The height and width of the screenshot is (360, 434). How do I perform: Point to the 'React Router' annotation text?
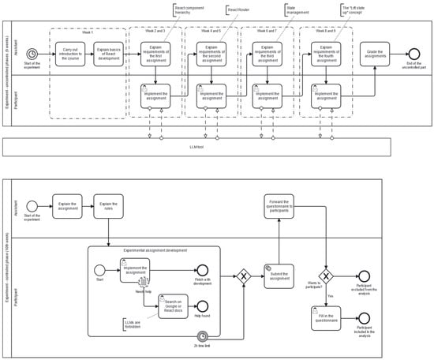coord(238,9)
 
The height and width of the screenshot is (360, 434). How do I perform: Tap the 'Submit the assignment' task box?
coord(279,276)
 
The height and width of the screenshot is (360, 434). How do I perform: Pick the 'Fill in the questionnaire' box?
coord(326,323)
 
